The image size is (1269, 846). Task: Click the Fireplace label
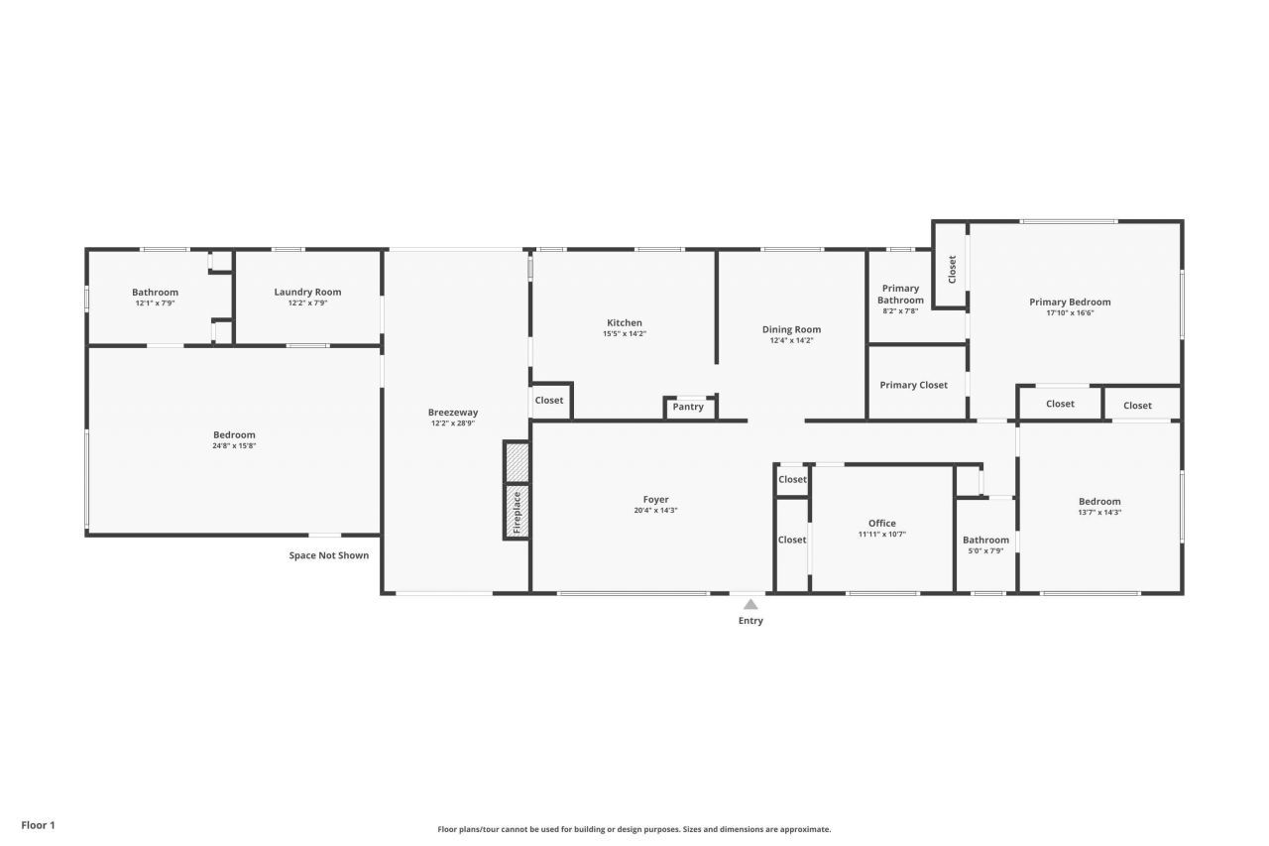[x=517, y=512]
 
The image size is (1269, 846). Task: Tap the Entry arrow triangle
[x=750, y=604]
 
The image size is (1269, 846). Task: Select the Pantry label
[x=688, y=407]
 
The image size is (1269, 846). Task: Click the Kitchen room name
[x=625, y=322]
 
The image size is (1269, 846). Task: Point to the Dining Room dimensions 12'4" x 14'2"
[x=791, y=341]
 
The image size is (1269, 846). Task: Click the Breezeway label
[x=453, y=413]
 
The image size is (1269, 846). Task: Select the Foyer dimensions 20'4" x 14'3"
[x=655, y=511]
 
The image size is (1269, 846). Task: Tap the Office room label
[x=881, y=524]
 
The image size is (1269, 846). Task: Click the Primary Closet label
[x=913, y=385]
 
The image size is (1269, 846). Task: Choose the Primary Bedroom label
[x=1070, y=302]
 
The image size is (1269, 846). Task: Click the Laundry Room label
[x=307, y=292]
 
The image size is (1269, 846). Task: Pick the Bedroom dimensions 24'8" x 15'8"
[x=234, y=446]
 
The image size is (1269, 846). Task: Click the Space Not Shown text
[x=328, y=555]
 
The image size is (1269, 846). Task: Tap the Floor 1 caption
[x=39, y=825]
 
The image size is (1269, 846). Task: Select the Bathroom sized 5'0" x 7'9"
[x=985, y=541]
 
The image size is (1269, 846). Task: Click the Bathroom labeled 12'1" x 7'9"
[x=156, y=292]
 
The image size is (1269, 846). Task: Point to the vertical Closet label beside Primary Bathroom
[x=952, y=269]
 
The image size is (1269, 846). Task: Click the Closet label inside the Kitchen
[x=549, y=401]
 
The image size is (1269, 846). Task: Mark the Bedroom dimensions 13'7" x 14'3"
[x=1099, y=513]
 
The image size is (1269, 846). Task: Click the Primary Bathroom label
[x=900, y=295]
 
